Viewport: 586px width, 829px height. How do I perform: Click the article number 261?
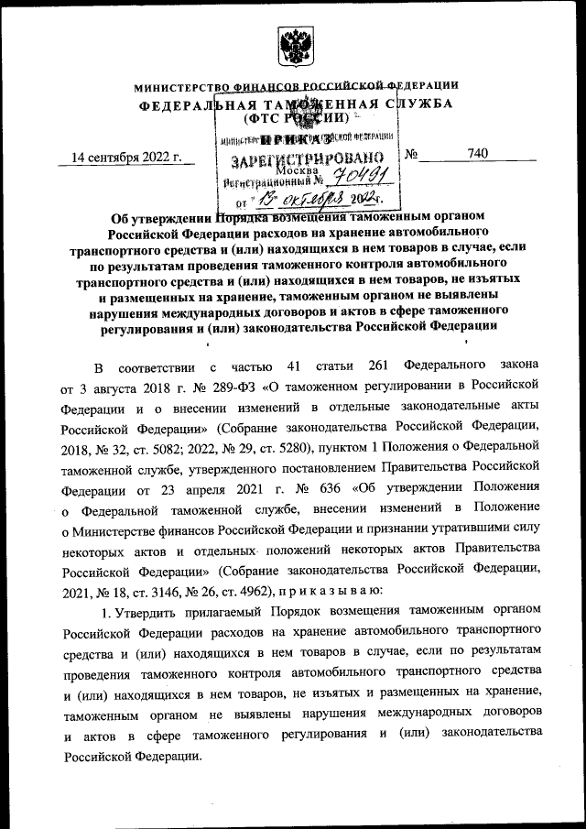[x=378, y=365]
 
